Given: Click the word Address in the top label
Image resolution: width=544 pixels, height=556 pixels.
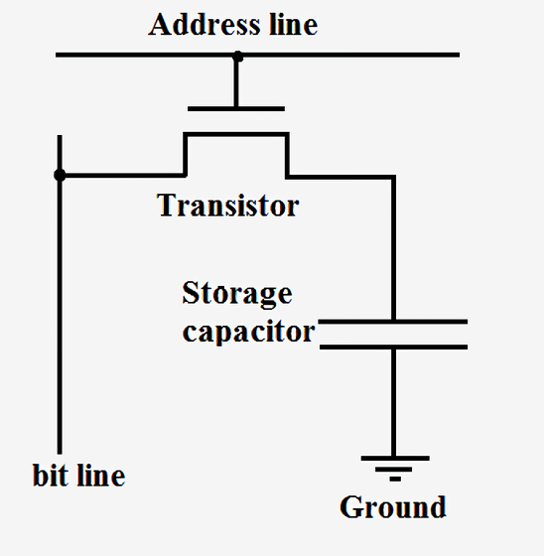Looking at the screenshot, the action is coord(204,24).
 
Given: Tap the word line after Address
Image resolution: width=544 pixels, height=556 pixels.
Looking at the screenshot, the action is coord(293,24).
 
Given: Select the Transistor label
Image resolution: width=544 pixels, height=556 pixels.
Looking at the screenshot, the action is coord(227,205).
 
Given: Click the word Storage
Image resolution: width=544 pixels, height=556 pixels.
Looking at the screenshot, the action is coord(237,294).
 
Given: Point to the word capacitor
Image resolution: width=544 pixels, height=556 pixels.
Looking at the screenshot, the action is coord(248,332).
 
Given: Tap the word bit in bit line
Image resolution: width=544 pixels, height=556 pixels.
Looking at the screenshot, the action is coord(51,475).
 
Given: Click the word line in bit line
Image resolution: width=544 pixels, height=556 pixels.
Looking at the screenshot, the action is coord(101,475).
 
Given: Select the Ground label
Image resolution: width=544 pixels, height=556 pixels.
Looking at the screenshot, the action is coord(392,507).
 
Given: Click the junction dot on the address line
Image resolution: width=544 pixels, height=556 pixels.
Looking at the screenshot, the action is coord(237,57).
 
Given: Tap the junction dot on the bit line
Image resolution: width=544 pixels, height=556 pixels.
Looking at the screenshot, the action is coord(60,175).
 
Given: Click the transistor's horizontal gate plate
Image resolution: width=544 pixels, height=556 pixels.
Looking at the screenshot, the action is coord(236,109).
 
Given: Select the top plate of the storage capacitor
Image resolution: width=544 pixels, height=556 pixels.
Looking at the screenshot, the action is coord(392,322).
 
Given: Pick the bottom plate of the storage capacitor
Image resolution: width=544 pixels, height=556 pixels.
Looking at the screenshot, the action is coord(393,347).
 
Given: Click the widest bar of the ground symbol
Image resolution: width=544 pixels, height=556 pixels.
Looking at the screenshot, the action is coord(395,458).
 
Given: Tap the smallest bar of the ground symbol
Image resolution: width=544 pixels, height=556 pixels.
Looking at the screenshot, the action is coord(395,479).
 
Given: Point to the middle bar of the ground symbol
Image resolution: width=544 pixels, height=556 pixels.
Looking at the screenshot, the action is coord(394,469).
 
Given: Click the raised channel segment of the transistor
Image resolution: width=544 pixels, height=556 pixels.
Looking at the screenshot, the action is coord(236,134).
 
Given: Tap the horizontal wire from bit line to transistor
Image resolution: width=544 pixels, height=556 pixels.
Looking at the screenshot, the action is coord(122,175).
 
